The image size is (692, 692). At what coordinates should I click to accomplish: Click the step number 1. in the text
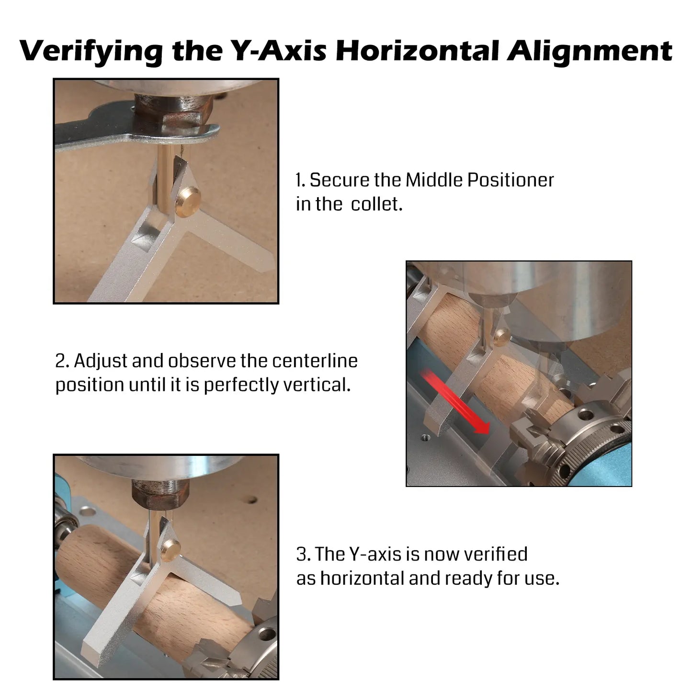point(300,180)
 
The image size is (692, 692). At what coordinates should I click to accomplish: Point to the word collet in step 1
point(376,204)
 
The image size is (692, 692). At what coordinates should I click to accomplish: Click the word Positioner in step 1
point(510,180)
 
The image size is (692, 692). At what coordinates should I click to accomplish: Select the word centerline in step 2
point(315,361)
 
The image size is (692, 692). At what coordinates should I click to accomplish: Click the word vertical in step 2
point(317,385)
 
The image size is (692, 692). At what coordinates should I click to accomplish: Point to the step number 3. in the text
point(304,554)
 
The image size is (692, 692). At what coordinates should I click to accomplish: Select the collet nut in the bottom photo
point(160,491)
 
